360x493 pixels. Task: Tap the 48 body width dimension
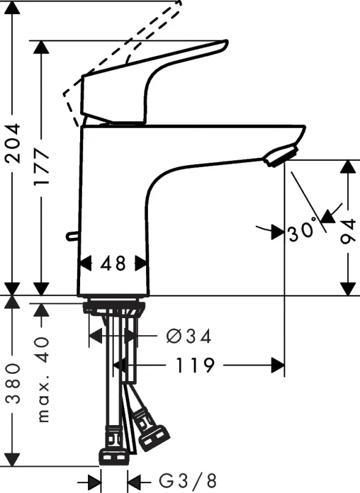pos(113,264)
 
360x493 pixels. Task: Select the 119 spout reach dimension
pos(196,366)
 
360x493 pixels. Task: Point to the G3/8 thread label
pos(183,480)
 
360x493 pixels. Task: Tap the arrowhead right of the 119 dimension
pos(278,366)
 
